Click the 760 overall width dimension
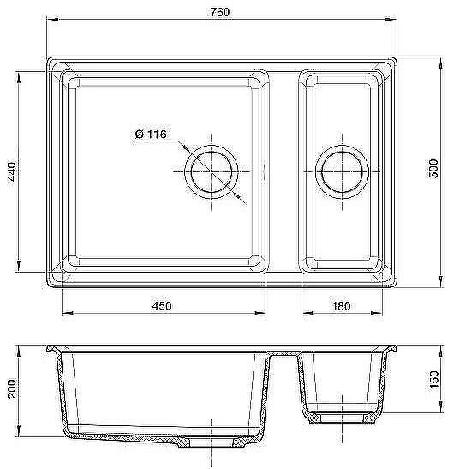219,12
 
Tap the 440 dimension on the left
12,171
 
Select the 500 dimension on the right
433,168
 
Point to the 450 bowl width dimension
162,306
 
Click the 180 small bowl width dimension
341,306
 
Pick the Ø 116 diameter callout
151,134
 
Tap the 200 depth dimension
12,388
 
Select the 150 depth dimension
433,380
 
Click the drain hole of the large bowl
212,171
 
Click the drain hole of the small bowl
342,171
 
